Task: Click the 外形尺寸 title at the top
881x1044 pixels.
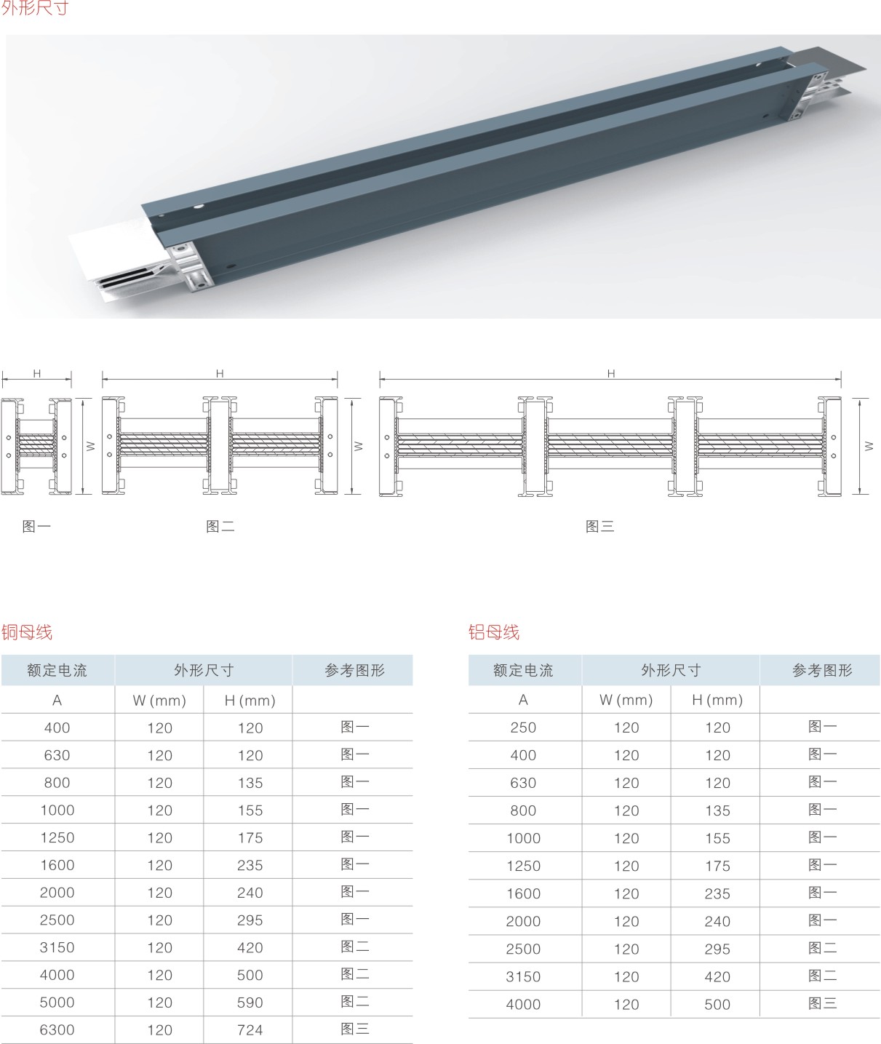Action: point(34,7)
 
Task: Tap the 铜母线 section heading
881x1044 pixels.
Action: point(26,632)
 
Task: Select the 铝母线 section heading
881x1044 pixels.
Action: point(494,632)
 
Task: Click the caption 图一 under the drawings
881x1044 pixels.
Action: point(36,526)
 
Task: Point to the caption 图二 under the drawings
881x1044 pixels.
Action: point(220,526)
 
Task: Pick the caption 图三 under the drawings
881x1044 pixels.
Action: point(599,526)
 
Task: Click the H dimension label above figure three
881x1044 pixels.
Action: point(611,373)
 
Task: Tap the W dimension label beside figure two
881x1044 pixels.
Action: point(358,445)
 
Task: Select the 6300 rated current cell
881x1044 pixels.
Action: point(57,1029)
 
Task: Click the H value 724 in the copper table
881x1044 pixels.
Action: point(250,1029)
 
